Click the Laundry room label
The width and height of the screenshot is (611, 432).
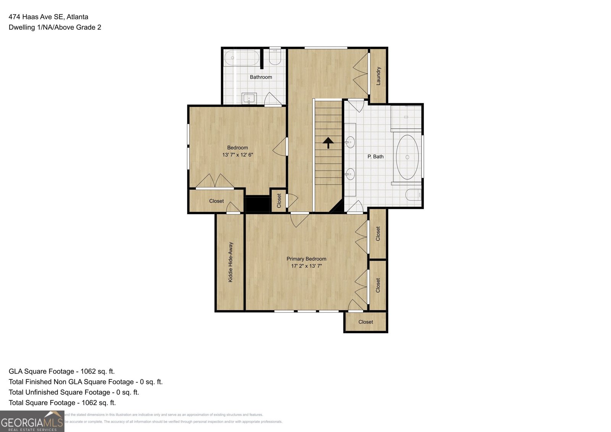pyautogui.click(x=378, y=76)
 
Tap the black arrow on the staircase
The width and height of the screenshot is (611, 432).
pyautogui.click(x=328, y=143)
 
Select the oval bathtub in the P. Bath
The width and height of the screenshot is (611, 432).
pyautogui.click(x=407, y=157)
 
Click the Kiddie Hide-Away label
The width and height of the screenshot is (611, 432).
pyautogui.click(x=230, y=262)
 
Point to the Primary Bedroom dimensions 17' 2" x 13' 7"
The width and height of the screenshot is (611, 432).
pyautogui.click(x=306, y=266)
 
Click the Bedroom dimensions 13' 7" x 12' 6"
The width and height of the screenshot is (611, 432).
pyautogui.click(x=238, y=155)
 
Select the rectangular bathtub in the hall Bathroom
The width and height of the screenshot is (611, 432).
pyautogui.click(x=242, y=58)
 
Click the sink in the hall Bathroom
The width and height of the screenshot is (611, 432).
pyautogui.click(x=249, y=98)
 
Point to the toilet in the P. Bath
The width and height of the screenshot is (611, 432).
pyautogui.click(x=413, y=195)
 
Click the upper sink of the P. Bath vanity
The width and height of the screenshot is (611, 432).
pyautogui.click(x=350, y=143)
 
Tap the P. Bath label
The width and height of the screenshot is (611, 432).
pyautogui.click(x=375, y=156)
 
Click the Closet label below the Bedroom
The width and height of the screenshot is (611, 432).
pyautogui.click(x=217, y=201)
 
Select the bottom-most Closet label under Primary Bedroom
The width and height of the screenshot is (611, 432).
pyautogui.click(x=365, y=322)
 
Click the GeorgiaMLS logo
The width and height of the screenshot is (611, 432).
pyautogui.click(x=32, y=421)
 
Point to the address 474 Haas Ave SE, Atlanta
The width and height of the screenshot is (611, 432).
pyautogui.click(x=48, y=17)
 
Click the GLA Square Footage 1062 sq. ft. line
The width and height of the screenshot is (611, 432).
pyautogui.click(x=61, y=371)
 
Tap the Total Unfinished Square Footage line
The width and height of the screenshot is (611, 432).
pyautogui.click(x=74, y=392)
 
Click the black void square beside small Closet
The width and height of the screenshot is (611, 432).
pyautogui.click(x=257, y=204)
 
